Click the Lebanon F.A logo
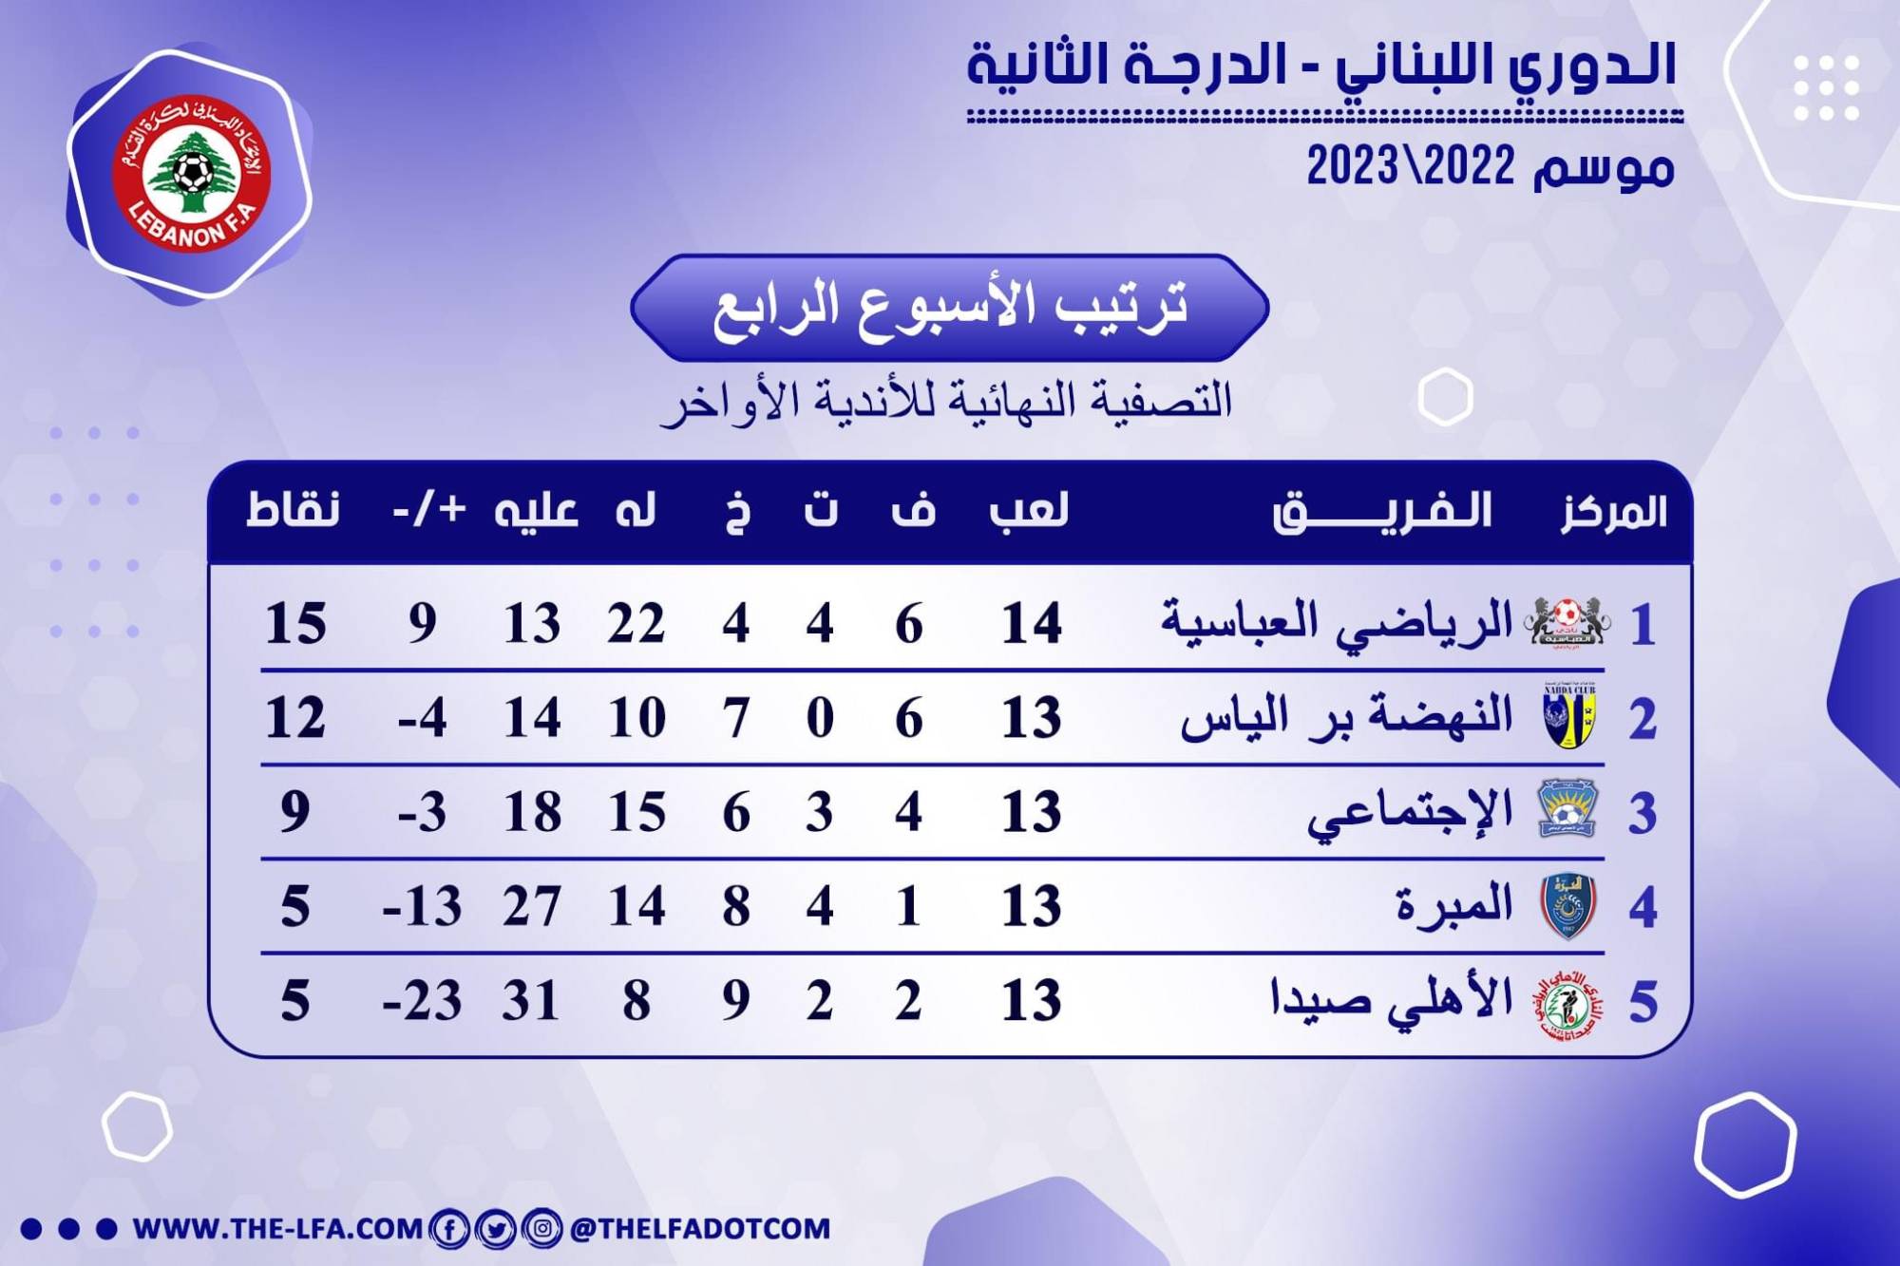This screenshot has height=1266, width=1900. (x=192, y=175)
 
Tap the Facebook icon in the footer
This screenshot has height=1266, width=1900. (x=448, y=1229)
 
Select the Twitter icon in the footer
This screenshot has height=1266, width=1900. (x=495, y=1229)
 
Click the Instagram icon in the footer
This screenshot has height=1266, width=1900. (x=541, y=1229)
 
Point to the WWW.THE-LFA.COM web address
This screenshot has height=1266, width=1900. (x=277, y=1229)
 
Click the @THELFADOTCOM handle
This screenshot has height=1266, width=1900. (x=700, y=1229)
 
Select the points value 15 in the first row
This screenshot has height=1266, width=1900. (x=295, y=624)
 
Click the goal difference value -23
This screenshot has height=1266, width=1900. (x=422, y=1000)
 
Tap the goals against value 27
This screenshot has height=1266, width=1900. (x=532, y=906)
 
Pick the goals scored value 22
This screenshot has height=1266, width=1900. (x=636, y=624)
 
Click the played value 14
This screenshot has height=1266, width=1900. (x=1032, y=624)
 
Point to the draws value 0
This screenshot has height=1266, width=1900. (x=820, y=718)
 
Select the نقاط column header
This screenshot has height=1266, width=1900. (x=294, y=510)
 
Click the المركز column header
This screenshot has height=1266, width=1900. (x=1614, y=512)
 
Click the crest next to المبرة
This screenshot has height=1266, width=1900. (x=1567, y=906)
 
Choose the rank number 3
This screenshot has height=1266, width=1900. (x=1643, y=814)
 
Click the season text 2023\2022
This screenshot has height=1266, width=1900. (x=1411, y=167)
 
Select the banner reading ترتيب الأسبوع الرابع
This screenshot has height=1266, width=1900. (x=950, y=308)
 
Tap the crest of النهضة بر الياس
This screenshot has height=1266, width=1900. (x=1569, y=716)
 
